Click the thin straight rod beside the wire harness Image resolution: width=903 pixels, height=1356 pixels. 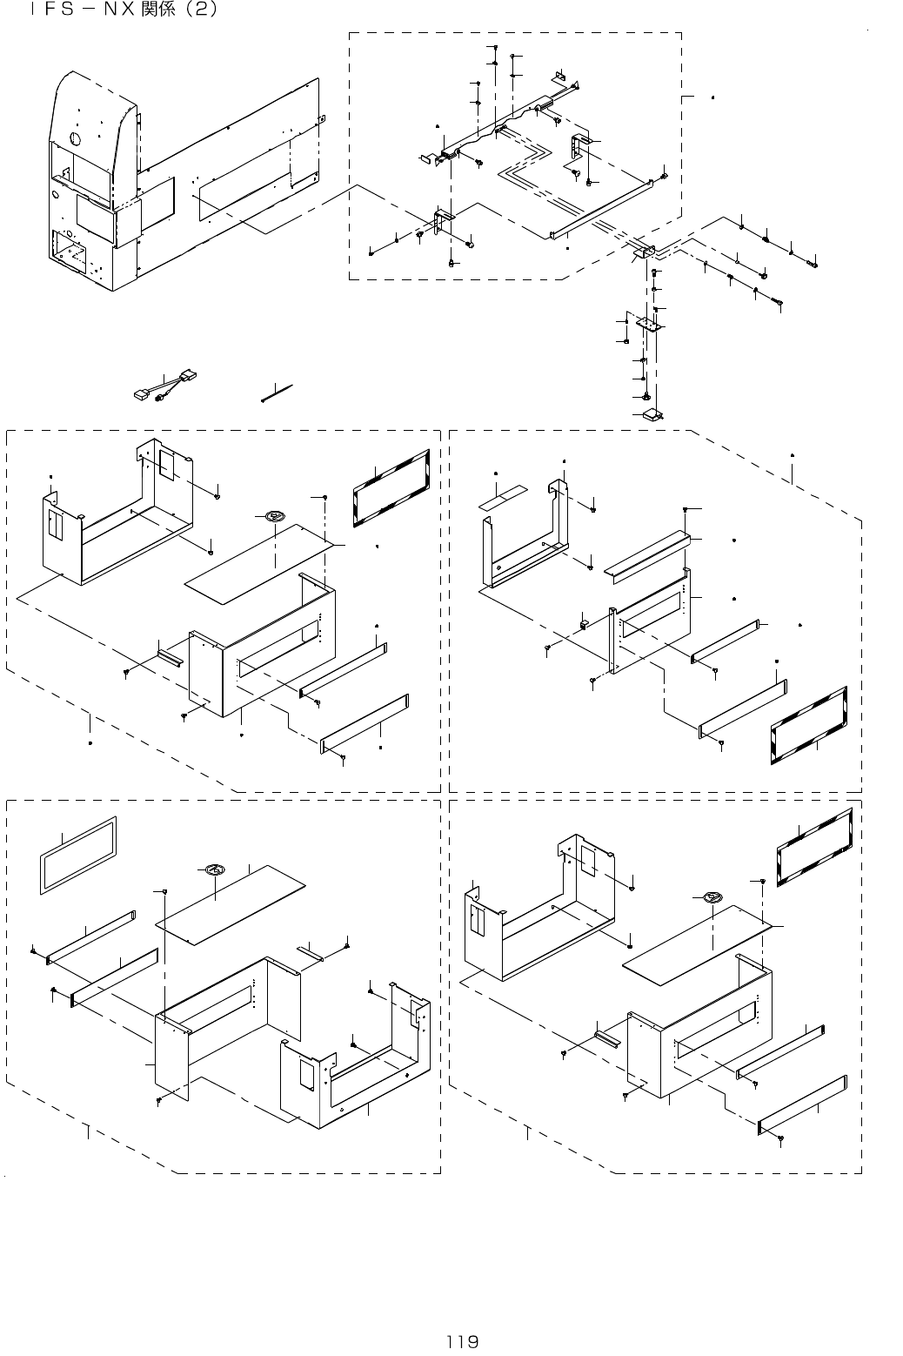[x=278, y=393]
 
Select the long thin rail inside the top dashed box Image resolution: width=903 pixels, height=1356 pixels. [x=600, y=208]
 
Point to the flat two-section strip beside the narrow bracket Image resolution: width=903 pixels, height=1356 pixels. [x=501, y=502]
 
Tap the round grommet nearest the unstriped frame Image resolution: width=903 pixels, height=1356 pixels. [x=215, y=869]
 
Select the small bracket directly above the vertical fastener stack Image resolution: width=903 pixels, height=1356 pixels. [x=645, y=252]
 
